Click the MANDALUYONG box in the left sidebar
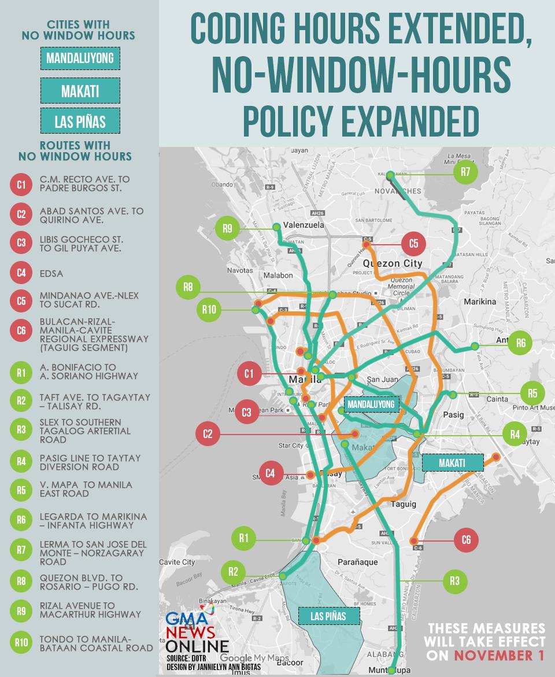tap(80, 58)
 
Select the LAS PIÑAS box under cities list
tap(80, 121)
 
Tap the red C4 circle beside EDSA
tap(21, 274)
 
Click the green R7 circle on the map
tap(466, 173)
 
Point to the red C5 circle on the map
tap(413, 243)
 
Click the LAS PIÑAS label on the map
tap(329, 616)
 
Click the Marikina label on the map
tap(480, 301)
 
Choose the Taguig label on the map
tap(404, 504)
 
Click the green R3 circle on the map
tap(454, 580)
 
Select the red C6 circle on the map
tap(466, 540)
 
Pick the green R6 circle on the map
tap(521, 343)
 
